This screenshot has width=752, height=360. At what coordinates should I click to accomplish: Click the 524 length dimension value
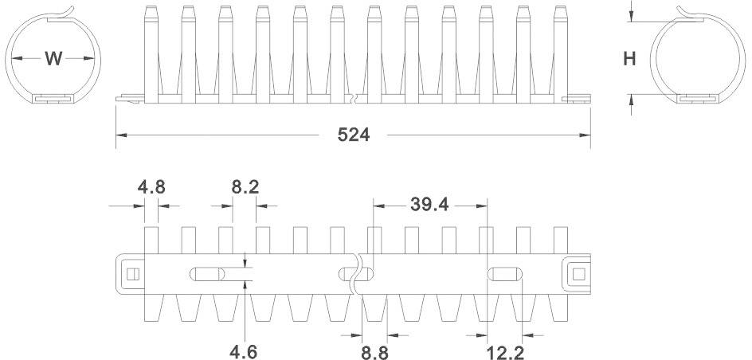[354, 135]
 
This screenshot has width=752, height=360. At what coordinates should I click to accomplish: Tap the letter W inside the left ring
[53, 59]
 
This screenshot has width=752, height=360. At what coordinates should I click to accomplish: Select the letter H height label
[629, 59]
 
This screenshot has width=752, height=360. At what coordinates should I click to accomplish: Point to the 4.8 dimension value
[151, 188]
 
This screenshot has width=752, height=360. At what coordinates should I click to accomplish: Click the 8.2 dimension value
[245, 188]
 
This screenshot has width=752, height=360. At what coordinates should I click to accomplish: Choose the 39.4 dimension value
[429, 204]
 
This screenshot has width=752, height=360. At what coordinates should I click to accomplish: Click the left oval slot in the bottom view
[206, 275]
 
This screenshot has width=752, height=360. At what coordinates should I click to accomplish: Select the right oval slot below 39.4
[504, 275]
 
